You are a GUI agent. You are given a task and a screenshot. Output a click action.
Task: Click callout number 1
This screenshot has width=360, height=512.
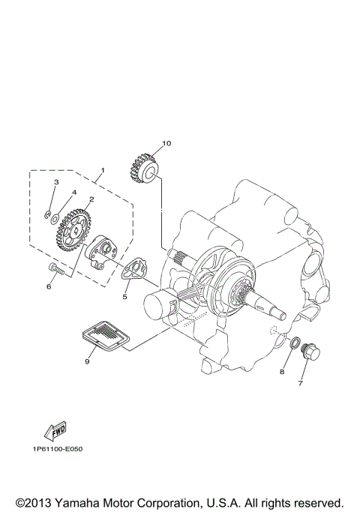[103, 171]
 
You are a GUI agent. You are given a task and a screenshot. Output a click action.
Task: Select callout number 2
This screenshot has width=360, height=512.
[91, 199]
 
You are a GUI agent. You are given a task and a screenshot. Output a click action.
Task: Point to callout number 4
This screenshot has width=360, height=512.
[73, 192]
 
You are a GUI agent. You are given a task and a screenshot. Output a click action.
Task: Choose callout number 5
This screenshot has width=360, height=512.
[125, 297]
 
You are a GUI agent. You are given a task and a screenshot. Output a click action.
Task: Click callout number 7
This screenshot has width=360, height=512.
[300, 384]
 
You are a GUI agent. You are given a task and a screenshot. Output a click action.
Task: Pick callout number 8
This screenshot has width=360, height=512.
[283, 371]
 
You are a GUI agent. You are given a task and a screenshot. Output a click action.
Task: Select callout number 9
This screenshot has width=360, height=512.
[88, 361]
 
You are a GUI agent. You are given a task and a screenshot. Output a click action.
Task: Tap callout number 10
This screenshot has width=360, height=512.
[166, 143]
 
